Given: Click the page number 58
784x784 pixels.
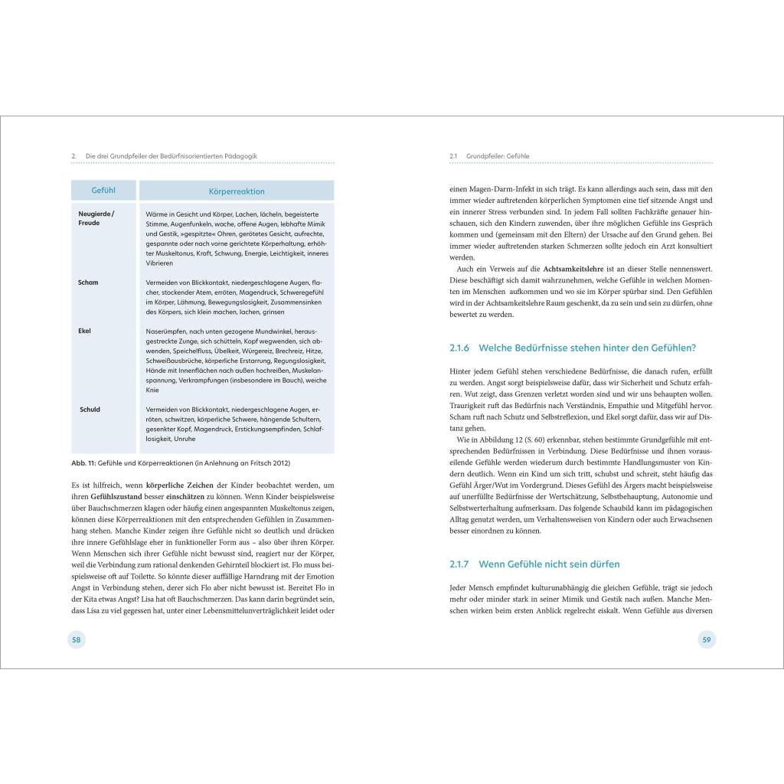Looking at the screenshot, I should (x=77, y=639).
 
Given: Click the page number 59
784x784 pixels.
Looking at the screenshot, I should (x=707, y=639).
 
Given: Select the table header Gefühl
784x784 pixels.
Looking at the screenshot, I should (x=103, y=191).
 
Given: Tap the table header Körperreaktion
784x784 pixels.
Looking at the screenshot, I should (x=237, y=191).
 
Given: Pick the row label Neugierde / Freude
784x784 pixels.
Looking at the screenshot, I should (x=96, y=218).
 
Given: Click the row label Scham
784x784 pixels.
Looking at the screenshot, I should (x=88, y=283).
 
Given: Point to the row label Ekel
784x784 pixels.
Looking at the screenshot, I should (x=85, y=331).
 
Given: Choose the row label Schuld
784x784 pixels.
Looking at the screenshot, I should (x=90, y=410).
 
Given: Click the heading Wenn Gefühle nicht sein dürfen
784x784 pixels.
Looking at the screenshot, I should (x=549, y=564).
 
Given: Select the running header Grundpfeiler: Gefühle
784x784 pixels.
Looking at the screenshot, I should (x=498, y=156).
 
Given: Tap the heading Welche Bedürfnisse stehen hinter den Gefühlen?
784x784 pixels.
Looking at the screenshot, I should (x=586, y=348).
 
